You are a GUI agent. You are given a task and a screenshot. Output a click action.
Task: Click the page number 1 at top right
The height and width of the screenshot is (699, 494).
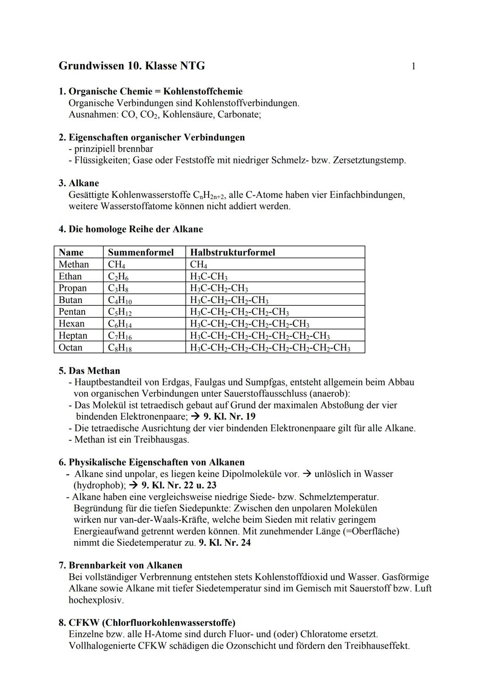[x=413, y=66]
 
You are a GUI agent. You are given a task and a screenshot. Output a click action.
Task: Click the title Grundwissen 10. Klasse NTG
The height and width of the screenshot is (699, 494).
[x=132, y=66]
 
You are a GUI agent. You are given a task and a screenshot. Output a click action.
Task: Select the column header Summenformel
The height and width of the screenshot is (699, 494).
[x=140, y=252]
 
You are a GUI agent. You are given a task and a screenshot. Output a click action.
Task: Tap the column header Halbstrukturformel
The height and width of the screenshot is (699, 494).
[x=232, y=252]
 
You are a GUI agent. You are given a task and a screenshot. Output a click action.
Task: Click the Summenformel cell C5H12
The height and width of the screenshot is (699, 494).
[x=119, y=312]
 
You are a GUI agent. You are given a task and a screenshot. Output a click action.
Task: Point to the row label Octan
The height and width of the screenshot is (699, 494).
[x=70, y=347]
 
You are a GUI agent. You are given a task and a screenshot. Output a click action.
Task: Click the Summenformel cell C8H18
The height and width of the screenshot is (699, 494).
[x=119, y=348]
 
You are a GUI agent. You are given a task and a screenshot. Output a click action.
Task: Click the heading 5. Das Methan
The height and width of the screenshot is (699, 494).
[x=89, y=371]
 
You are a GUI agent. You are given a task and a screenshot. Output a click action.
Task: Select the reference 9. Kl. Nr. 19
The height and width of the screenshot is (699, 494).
[x=229, y=417]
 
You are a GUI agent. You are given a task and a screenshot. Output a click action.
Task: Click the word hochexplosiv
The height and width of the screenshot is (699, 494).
[x=96, y=600]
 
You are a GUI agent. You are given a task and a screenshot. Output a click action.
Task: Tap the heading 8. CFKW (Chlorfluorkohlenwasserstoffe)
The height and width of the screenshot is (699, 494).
[x=147, y=623]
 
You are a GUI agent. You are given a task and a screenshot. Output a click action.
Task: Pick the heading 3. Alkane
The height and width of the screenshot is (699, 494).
[x=79, y=183]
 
